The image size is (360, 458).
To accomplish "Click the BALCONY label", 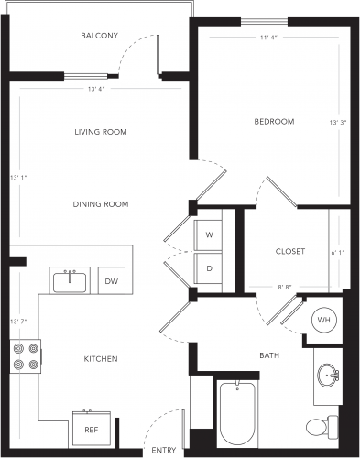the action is point(99,36).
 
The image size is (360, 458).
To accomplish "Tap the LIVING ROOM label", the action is point(101,132).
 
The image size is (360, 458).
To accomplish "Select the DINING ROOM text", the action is point(101,204).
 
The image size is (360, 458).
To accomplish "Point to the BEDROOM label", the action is point(274,122).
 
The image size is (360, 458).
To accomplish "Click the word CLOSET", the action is point(290,251).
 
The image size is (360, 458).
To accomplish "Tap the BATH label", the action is point(269,355).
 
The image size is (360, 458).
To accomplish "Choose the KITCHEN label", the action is point(101,359).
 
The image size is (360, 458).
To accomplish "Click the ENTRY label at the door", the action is point(164,450).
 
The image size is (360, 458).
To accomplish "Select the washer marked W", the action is point(208,235).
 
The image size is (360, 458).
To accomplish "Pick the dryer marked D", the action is point(208,268).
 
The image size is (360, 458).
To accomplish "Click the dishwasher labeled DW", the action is point(112,281).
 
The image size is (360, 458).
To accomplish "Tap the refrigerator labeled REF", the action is point(92,430).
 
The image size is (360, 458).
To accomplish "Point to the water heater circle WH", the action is point(324,320).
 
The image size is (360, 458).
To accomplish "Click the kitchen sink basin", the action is point(70,283).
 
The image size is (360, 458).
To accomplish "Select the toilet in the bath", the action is point(322,427).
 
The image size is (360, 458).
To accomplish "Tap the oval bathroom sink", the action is point(328,376).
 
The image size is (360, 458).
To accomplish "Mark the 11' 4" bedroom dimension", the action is point(268,38).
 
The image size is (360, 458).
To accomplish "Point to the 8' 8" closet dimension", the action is point(285,287).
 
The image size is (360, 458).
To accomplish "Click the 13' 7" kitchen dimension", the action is point(19,322).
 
